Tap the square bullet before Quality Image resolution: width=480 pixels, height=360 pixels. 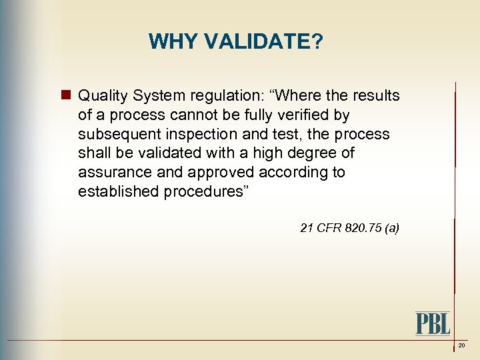(x=66, y=95)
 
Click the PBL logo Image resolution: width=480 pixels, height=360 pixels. (x=433, y=323)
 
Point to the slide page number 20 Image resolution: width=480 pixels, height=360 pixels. (x=461, y=346)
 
